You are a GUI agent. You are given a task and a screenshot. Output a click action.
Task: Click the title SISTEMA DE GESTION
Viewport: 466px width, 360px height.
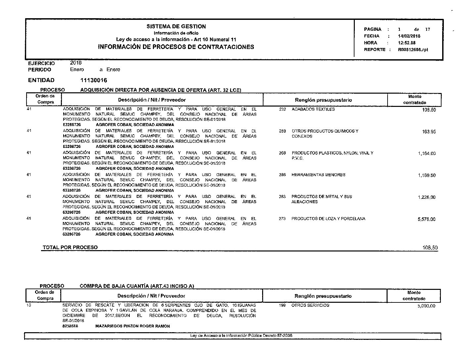(x=176, y=26)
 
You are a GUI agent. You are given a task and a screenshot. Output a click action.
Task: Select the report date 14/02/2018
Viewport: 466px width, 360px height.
(x=409, y=36)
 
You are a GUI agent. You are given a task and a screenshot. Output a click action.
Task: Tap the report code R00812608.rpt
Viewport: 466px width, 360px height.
(x=413, y=50)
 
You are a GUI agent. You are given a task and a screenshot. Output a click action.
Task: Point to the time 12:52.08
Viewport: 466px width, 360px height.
(x=407, y=43)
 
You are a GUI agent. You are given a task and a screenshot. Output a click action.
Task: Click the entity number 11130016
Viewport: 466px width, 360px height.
(x=94, y=80)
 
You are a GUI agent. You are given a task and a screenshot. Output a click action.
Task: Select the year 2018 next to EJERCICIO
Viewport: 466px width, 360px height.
(x=76, y=63)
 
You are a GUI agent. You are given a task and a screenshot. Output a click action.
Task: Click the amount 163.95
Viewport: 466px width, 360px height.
(x=429, y=132)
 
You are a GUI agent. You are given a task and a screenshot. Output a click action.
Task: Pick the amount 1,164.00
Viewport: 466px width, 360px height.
(x=427, y=154)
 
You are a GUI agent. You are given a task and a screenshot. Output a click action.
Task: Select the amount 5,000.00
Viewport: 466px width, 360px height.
(x=427, y=306)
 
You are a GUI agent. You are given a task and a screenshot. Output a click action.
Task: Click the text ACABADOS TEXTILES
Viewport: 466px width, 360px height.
(x=313, y=109)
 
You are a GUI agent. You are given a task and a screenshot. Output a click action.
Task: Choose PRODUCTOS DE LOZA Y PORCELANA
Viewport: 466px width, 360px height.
(x=328, y=219)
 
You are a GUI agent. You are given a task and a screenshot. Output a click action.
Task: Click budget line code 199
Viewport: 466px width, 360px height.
(x=282, y=305)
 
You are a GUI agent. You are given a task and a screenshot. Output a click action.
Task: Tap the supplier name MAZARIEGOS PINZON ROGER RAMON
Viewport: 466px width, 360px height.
(x=132, y=326)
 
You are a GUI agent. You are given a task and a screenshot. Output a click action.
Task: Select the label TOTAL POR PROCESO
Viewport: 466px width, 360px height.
(x=70, y=247)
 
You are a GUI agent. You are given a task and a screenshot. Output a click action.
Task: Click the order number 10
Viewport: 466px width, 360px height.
(x=28, y=305)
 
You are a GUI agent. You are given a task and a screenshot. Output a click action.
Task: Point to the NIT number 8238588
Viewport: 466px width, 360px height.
(x=70, y=326)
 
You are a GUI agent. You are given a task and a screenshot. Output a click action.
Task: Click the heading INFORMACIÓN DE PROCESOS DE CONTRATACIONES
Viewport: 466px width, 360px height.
(x=176, y=47)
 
